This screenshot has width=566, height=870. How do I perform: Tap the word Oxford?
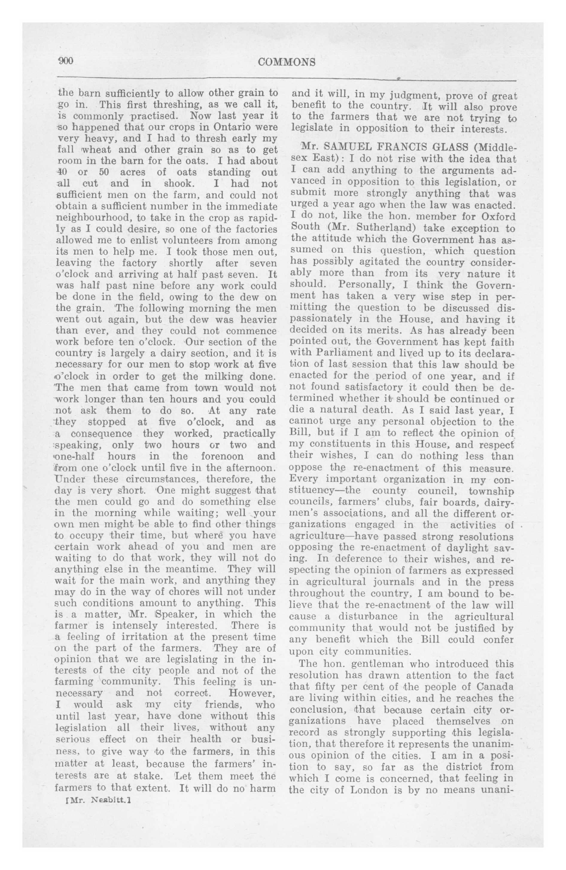[498, 216]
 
